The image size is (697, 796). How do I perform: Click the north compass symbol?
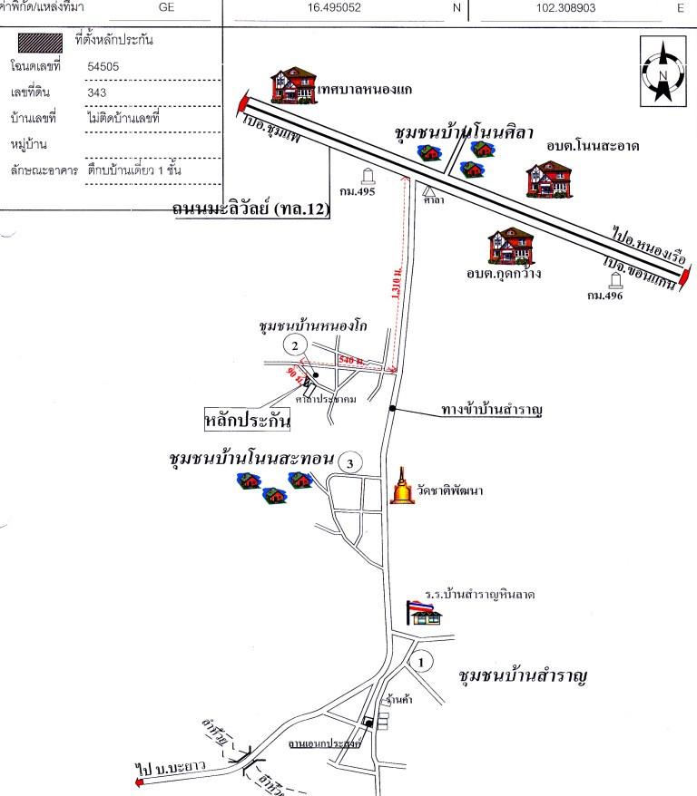pos(663,71)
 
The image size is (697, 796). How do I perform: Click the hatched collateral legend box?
pos(41,41)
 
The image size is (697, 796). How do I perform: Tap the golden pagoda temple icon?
pos(401,488)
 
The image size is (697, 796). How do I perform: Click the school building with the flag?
pos(425,611)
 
